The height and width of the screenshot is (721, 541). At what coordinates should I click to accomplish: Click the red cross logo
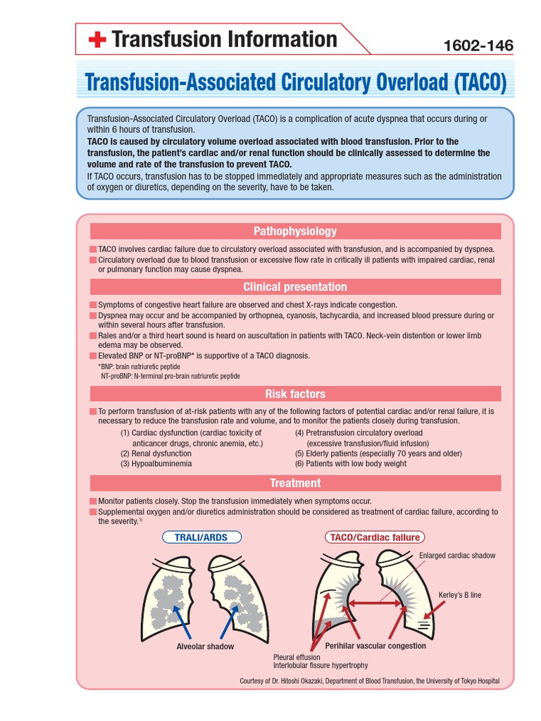(x=97, y=40)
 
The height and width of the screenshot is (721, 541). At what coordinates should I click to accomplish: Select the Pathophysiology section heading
(x=295, y=231)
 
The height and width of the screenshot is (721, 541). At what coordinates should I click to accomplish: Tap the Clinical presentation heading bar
(x=295, y=287)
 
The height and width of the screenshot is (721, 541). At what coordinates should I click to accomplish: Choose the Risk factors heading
(x=295, y=394)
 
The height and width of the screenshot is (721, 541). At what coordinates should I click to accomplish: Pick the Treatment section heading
(x=295, y=483)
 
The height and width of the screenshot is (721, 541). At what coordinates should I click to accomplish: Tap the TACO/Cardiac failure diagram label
(x=375, y=537)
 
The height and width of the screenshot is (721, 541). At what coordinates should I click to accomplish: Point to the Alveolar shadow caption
(x=206, y=646)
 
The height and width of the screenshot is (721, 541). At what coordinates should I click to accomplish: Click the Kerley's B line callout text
(x=460, y=595)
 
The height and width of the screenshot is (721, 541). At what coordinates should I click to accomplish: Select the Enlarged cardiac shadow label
(x=457, y=556)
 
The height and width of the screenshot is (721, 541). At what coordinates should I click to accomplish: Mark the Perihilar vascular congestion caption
(x=375, y=646)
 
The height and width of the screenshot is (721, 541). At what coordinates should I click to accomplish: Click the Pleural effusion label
(x=297, y=657)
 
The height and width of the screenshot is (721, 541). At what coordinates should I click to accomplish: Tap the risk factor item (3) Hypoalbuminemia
(x=156, y=464)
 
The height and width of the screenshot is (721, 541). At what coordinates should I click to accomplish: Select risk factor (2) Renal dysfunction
(x=156, y=453)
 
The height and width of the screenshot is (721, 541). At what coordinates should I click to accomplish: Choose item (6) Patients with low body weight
(x=351, y=464)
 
